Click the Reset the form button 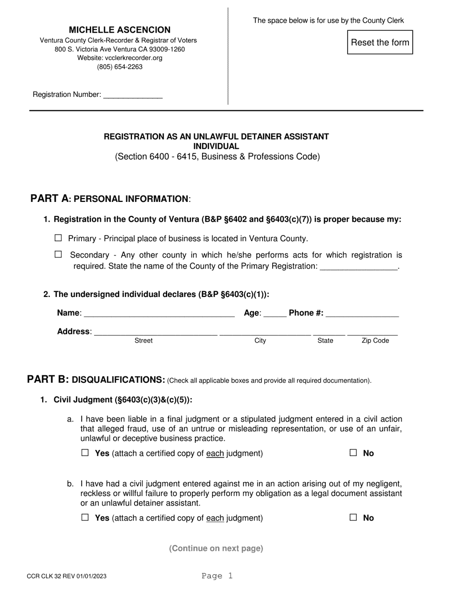pos(380,42)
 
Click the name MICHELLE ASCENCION pos(120,30)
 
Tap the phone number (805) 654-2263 pos(120,67)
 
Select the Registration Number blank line pos(133,95)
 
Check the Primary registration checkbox pos(59,238)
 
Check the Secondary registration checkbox pos(59,255)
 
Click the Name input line pos(159,314)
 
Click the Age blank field pos(275,314)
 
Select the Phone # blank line pos(362,314)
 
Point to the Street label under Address pos(144,341)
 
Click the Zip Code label pos(375,341)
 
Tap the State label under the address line pos(325,341)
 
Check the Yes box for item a pos(85,453)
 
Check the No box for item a pos(353,453)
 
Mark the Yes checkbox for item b pos(85,518)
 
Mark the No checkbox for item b pos(353,518)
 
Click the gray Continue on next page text pos(216,548)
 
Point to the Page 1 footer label pos(217,576)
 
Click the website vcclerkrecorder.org pos(120,58)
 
